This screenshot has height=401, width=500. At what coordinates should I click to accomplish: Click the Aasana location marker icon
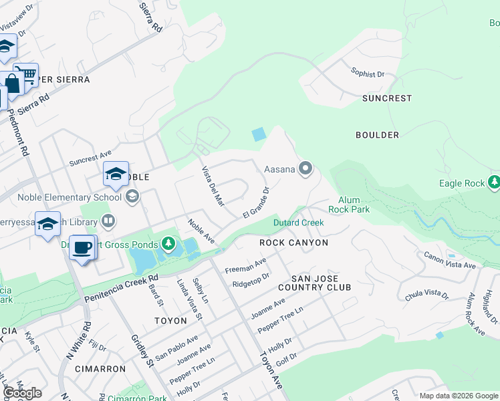coord(305,168)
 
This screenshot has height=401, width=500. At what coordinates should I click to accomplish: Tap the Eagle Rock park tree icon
coord(494,182)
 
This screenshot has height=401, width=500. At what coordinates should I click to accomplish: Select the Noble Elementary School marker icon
coord(132,196)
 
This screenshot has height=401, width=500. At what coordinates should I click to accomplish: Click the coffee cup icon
coord(83,247)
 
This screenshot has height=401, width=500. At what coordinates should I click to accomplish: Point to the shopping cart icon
coord(26,75)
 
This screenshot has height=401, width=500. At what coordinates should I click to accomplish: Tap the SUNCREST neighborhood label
coord(387,98)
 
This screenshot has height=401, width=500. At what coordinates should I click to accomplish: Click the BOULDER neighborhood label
coord(377,135)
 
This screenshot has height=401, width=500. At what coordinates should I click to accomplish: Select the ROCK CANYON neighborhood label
coord(294,243)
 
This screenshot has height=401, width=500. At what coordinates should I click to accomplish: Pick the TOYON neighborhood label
coord(170,321)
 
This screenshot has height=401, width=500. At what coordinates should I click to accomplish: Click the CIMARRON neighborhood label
coord(100,368)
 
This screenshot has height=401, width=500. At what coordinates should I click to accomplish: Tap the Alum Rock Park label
coord(354,205)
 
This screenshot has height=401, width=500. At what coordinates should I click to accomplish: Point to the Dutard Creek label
coord(298,223)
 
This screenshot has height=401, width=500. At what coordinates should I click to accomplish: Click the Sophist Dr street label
coord(368,73)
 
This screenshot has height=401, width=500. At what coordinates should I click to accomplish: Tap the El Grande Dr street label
coord(256,203)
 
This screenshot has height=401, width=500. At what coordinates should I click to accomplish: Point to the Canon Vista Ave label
coord(450,260)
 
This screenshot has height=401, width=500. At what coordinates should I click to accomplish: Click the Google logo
coord(22,394)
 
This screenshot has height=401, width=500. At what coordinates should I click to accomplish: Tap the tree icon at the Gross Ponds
coord(170,245)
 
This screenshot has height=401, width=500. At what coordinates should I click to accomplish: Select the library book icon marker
coord(108,220)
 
